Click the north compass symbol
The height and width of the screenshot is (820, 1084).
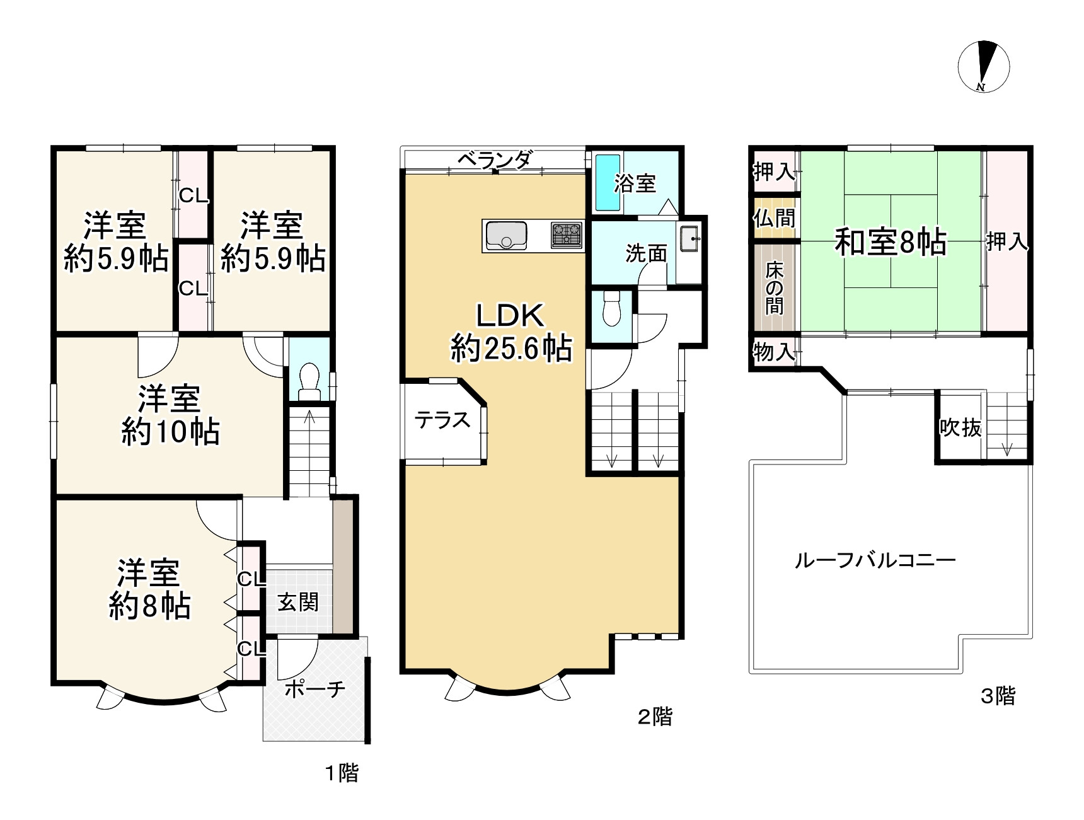(x=983, y=67)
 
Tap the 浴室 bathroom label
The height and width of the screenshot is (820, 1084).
(x=635, y=183)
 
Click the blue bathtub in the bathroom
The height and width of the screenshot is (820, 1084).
(x=608, y=183)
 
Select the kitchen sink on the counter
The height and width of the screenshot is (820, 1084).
(x=506, y=236)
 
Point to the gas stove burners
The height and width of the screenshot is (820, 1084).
(x=567, y=236)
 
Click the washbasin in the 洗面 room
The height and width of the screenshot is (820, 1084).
(x=689, y=238)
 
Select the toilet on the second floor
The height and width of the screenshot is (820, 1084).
(x=612, y=309)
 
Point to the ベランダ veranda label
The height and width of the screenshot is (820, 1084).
(x=495, y=160)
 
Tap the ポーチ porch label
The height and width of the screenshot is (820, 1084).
(x=315, y=689)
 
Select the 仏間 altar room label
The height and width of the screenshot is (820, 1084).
(x=775, y=218)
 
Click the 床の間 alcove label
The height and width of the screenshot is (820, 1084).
(x=775, y=288)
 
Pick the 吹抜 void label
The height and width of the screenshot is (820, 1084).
(x=960, y=427)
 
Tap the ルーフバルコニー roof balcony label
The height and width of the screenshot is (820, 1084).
(x=875, y=560)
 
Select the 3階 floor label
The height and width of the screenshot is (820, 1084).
(x=998, y=696)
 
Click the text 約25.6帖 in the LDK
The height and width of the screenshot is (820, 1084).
(x=511, y=348)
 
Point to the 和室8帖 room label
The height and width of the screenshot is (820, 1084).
(x=891, y=241)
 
